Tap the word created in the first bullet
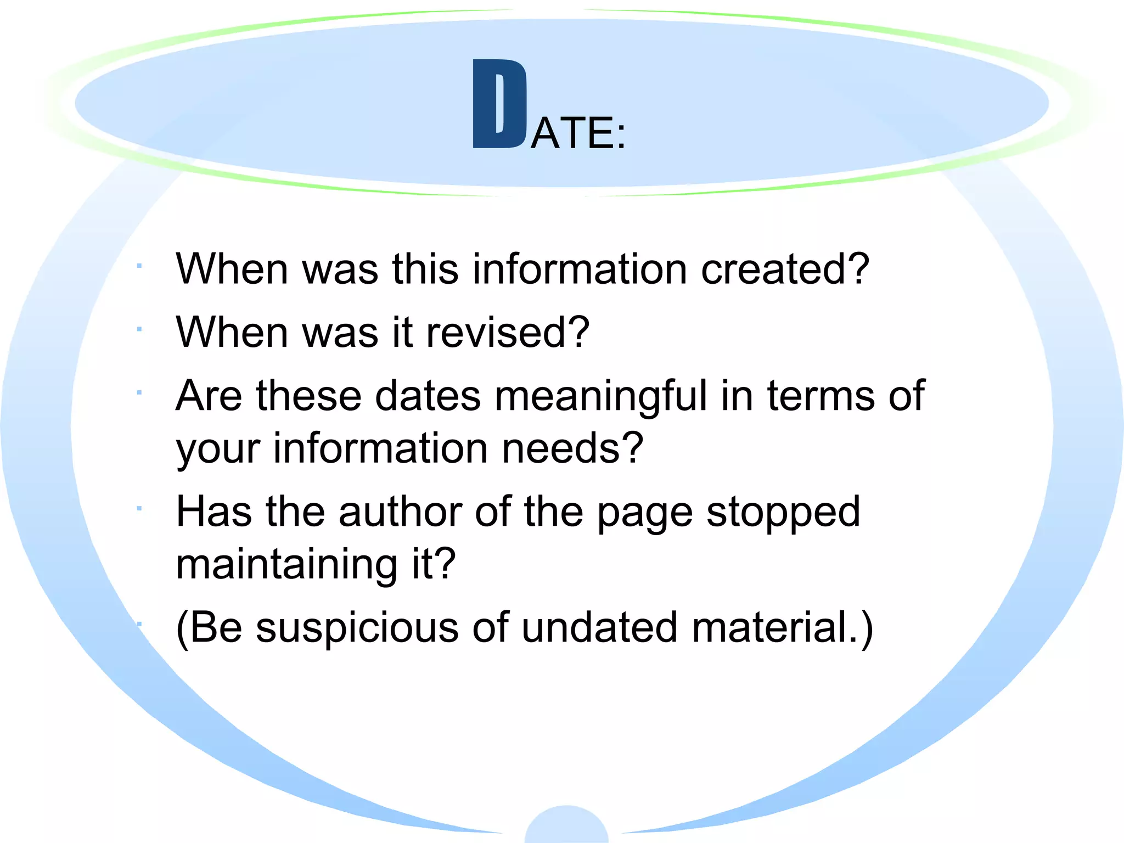[785, 269]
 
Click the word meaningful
[601, 396]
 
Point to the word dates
[428, 396]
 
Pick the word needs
[572, 448]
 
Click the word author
[400, 512]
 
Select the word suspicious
[357, 628]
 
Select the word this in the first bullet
[425, 269]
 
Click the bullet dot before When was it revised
[140, 329]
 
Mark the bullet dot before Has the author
[140, 509]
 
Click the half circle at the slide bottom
[566, 826]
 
